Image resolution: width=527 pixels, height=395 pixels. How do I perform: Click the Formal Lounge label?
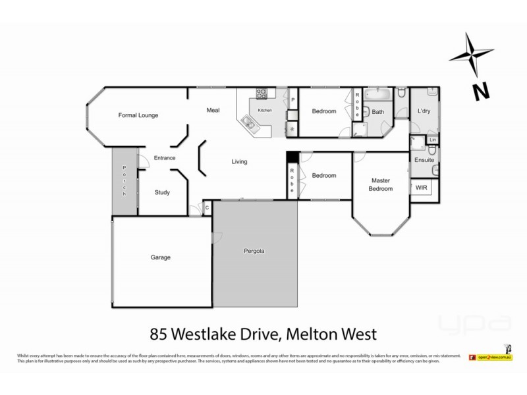click(x=138, y=115)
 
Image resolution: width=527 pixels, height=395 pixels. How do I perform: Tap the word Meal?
click(x=213, y=110)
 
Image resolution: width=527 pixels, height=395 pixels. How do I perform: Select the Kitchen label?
click(x=264, y=110)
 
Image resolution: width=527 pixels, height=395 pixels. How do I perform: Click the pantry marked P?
click(x=292, y=100)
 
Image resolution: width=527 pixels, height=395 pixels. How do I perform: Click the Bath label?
click(x=377, y=112)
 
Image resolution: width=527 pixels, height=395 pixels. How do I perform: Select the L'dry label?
click(x=424, y=112)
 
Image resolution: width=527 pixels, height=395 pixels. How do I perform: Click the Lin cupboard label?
click(x=432, y=140)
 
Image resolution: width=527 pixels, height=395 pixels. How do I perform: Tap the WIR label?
click(x=422, y=188)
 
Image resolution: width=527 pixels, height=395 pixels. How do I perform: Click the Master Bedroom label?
click(x=381, y=184)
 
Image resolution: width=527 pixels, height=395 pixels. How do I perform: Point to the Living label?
click(x=239, y=161)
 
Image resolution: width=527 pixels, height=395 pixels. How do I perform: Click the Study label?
click(x=162, y=193)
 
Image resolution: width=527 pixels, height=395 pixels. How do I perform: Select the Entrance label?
click(x=164, y=158)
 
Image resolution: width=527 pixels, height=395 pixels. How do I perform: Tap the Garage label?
click(x=160, y=257)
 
